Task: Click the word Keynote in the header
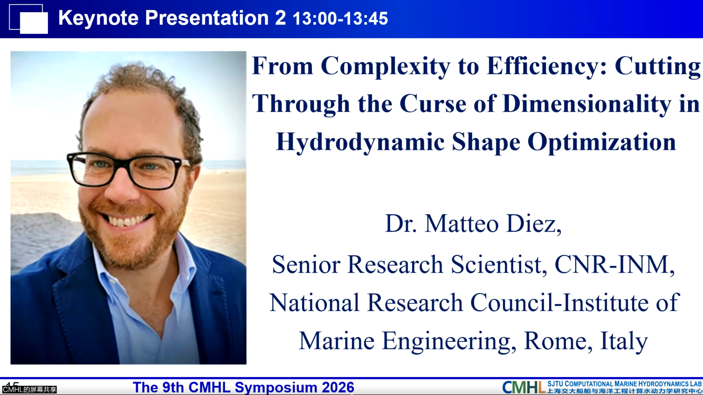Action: pos(98,18)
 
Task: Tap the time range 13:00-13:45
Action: pos(340,18)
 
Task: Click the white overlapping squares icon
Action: pos(29,19)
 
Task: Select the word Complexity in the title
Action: pos(385,66)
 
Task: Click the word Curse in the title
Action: pos(433,104)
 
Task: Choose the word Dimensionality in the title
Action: pos(586,104)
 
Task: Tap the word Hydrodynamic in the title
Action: pos(360,142)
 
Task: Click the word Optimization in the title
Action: pos(602,142)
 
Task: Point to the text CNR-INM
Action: pos(614,265)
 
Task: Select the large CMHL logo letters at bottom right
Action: pos(523,387)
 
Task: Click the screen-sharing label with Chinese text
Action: pos(29,390)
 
